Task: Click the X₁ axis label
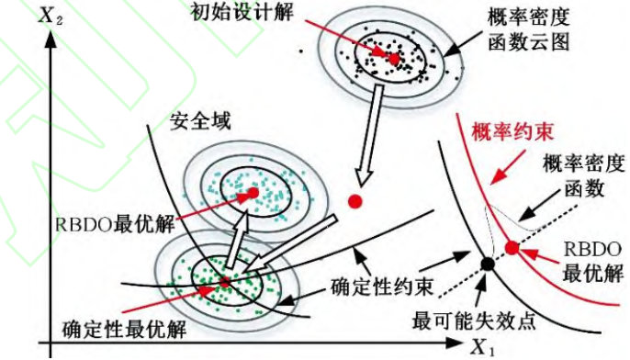pyautogui.click(x=482, y=346)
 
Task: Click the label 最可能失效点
pyautogui.click(x=474, y=322)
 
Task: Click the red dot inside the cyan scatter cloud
pyautogui.click(x=251, y=194)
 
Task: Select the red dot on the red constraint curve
pyautogui.click(x=512, y=247)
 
